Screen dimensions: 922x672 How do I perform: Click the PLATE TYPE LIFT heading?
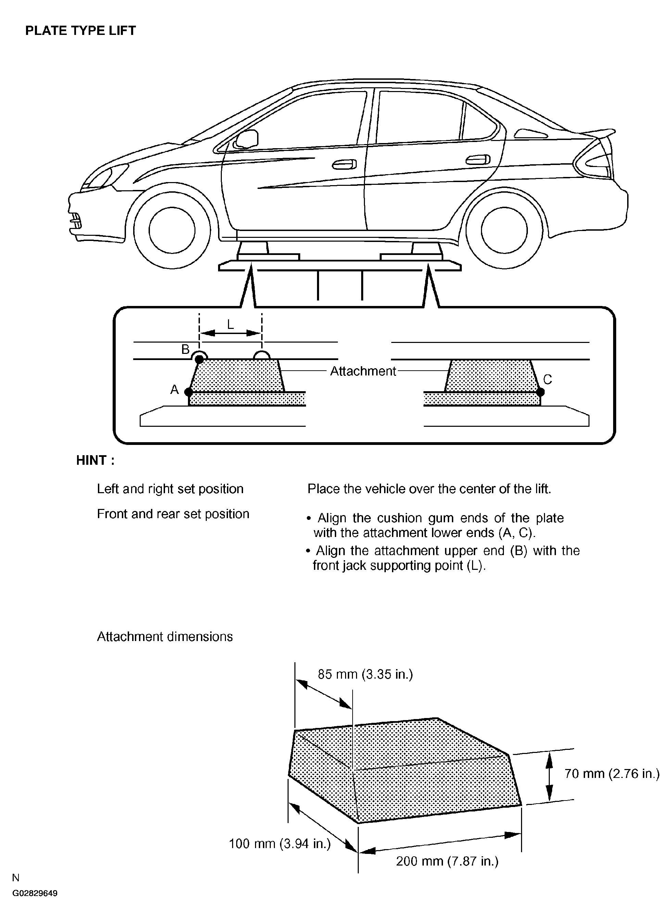(80, 31)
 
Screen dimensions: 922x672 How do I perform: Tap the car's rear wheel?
(504, 230)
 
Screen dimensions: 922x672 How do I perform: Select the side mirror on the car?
(247, 139)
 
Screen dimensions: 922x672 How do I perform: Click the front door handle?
(344, 164)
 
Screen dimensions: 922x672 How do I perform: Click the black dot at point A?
(188, 392)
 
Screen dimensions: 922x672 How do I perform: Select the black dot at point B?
(199, 359)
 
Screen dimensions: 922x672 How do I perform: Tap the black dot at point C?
(540, 392)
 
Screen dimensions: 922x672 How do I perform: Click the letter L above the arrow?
(230, 324)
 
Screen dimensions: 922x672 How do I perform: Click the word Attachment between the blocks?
(363, 371)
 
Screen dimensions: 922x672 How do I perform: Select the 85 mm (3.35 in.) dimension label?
(365, 674)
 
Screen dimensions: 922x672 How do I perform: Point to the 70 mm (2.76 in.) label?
(612, 773)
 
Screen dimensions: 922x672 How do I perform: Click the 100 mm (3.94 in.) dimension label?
(280, 844)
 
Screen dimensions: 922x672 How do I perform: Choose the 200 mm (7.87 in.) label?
(447, 861)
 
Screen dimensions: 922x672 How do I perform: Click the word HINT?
(95, 460)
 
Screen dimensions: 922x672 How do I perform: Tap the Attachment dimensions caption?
(165, 637)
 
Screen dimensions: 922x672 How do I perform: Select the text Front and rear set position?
(173, 514)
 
